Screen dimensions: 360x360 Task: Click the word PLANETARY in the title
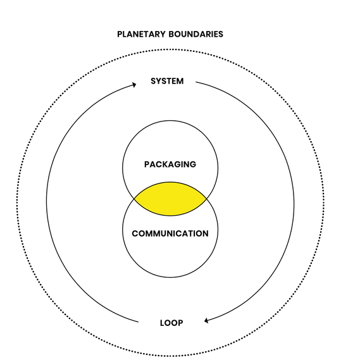(141, 34)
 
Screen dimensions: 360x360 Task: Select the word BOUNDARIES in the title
(196, 34)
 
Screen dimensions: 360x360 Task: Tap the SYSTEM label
(167, 81)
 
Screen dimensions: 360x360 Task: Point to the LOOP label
(171, 323)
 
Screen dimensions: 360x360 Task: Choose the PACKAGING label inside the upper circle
(170, 164)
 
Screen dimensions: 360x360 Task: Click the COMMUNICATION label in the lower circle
(170, 233)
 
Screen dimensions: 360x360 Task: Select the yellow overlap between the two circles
(170, 199)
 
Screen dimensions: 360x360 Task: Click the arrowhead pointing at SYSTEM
(134, 85)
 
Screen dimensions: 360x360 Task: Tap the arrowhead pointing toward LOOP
(206, 321)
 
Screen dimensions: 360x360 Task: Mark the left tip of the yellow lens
(135, 199)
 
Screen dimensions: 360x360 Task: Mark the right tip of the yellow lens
(206, 199)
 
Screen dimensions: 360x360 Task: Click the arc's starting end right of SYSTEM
(196, 82)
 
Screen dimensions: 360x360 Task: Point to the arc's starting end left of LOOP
(139, 322)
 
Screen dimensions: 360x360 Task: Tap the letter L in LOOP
(162, 323)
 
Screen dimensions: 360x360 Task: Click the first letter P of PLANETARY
(120, 34)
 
